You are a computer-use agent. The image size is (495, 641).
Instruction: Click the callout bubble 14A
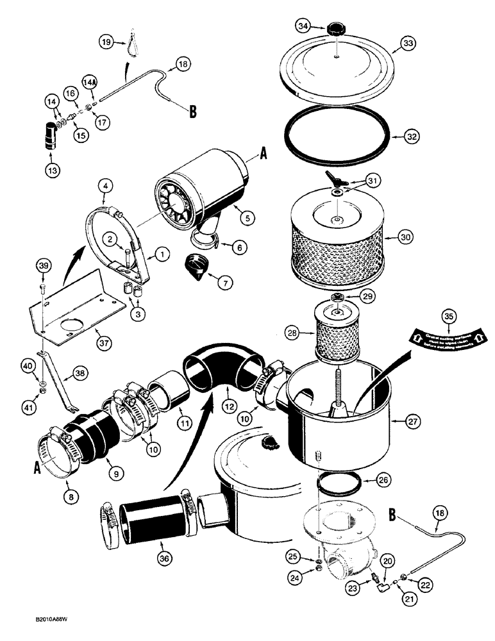90,82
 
